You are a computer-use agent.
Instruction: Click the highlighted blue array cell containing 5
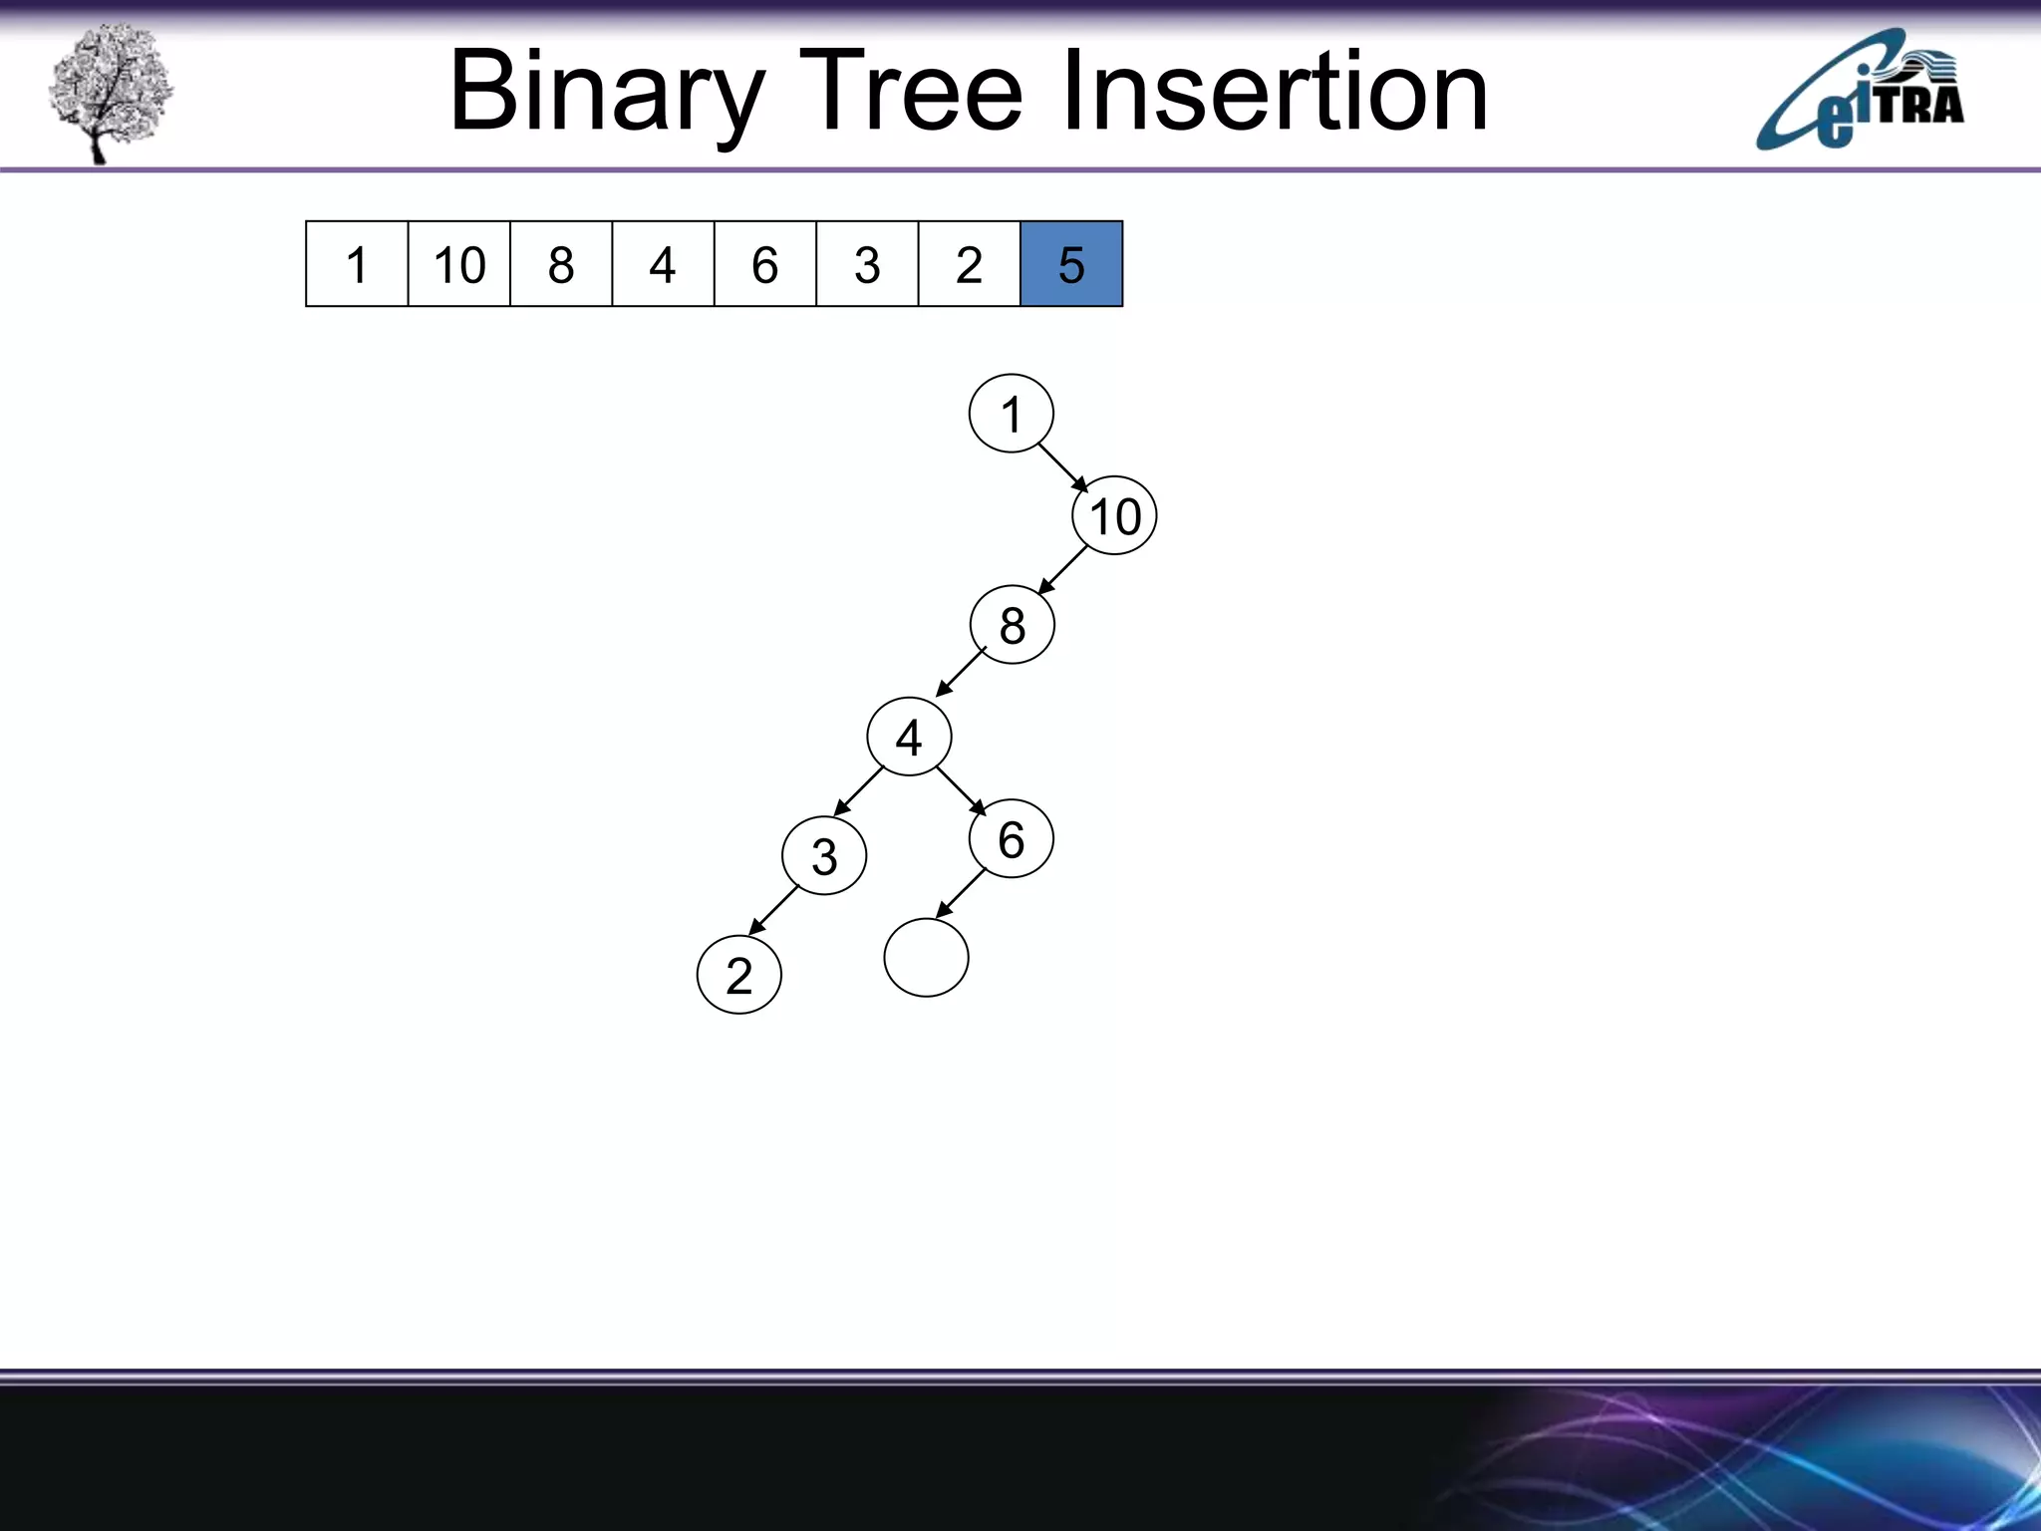(1071, 264)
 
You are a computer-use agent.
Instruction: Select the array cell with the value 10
(459, 264)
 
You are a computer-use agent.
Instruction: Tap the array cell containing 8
(561, 264)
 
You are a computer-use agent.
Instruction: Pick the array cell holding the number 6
(764, 264)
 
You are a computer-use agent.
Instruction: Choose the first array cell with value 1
(357, 264)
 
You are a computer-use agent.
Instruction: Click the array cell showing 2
(969, 264)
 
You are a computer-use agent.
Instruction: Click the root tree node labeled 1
(1011, 414)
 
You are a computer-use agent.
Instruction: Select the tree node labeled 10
(1114, 516)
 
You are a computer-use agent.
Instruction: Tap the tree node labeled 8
(1012, 625)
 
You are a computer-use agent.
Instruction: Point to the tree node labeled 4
(909, 737)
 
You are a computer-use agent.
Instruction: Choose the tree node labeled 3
(824, 855)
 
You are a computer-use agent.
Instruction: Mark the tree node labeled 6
(1011, 838)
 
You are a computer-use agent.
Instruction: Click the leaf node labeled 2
(738, 974)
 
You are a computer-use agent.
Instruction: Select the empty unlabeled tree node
(926, 957)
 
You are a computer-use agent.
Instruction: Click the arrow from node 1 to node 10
(1063, 467)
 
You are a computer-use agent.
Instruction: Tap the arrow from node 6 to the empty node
(961, 893)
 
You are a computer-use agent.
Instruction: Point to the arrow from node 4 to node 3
(859, 791)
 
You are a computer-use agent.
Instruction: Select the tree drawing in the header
(110, 92)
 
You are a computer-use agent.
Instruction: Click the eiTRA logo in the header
(1860, 92)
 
